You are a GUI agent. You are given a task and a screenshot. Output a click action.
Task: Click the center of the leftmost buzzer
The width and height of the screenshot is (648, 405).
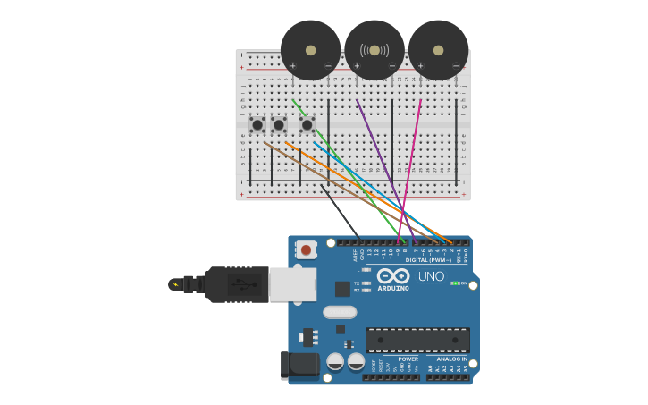310,50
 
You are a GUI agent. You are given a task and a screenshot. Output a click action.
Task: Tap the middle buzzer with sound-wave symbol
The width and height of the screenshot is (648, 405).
374,50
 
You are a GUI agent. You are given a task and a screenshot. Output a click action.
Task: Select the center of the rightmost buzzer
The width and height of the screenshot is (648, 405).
438,50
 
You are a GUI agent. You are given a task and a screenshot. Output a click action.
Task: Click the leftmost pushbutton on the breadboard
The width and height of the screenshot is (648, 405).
257,124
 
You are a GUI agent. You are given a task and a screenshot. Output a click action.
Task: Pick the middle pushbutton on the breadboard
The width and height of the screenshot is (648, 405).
279,124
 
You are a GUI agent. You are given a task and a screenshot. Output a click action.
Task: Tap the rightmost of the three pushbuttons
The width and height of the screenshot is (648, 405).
307,124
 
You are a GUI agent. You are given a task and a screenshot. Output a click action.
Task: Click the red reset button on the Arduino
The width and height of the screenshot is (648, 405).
307,250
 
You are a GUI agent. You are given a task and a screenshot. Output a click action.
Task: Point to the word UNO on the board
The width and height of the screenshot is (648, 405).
431,276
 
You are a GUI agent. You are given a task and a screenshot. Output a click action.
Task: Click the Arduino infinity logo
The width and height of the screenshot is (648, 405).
393,275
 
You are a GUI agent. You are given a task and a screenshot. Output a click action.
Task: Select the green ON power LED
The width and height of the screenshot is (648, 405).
455,283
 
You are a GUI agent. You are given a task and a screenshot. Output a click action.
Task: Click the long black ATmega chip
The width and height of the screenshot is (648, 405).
417,340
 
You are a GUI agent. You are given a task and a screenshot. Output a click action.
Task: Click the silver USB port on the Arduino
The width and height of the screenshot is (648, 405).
292,284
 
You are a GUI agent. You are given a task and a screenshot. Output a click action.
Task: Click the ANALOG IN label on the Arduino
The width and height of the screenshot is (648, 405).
452,359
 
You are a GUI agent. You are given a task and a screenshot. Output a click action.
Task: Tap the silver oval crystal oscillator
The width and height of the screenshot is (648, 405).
340,312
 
